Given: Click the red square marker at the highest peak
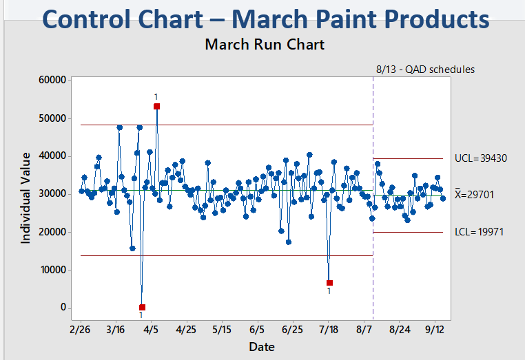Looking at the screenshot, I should (157, 107).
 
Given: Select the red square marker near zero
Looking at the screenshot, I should (142, 307).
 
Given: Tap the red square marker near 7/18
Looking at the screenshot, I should (329, 283).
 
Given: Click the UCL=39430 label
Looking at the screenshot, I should (481, 158).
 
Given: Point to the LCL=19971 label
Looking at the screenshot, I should (480, 232).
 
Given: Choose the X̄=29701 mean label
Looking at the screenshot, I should (480, 195).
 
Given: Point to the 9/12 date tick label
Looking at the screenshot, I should (434, 330).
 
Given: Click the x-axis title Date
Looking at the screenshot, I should (262, 346).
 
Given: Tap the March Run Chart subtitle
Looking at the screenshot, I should (265, 45).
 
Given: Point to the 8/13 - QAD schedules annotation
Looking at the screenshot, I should (425, 70).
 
